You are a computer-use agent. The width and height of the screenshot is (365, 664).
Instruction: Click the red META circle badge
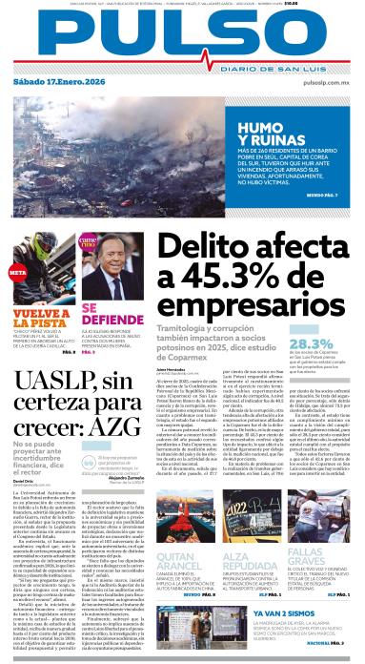(16, 272)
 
